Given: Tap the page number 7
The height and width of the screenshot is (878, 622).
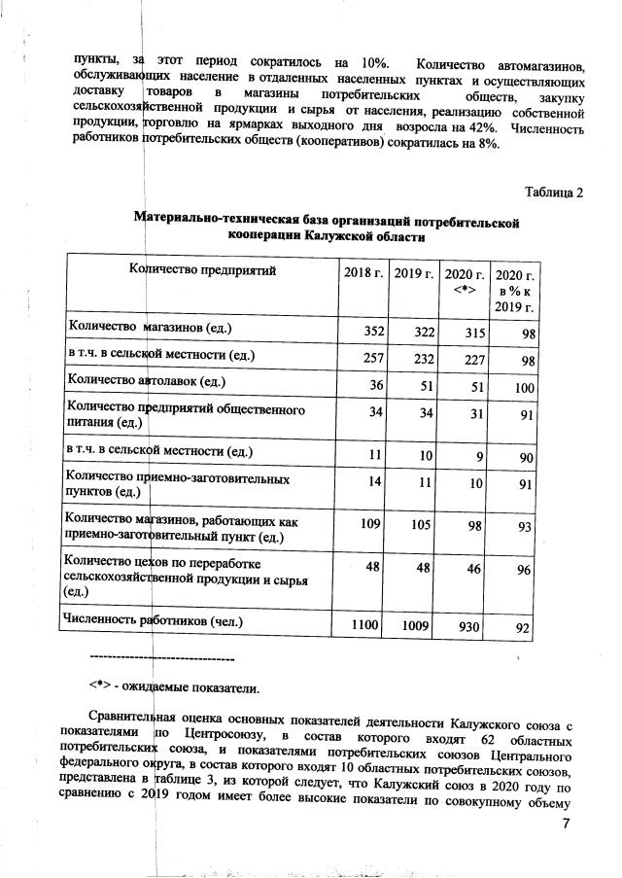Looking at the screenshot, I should tap(570, 825).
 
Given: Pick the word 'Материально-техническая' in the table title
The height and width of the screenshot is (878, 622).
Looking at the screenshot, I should tap(218, 223).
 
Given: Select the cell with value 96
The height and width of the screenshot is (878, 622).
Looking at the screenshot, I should tap(523, 571).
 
